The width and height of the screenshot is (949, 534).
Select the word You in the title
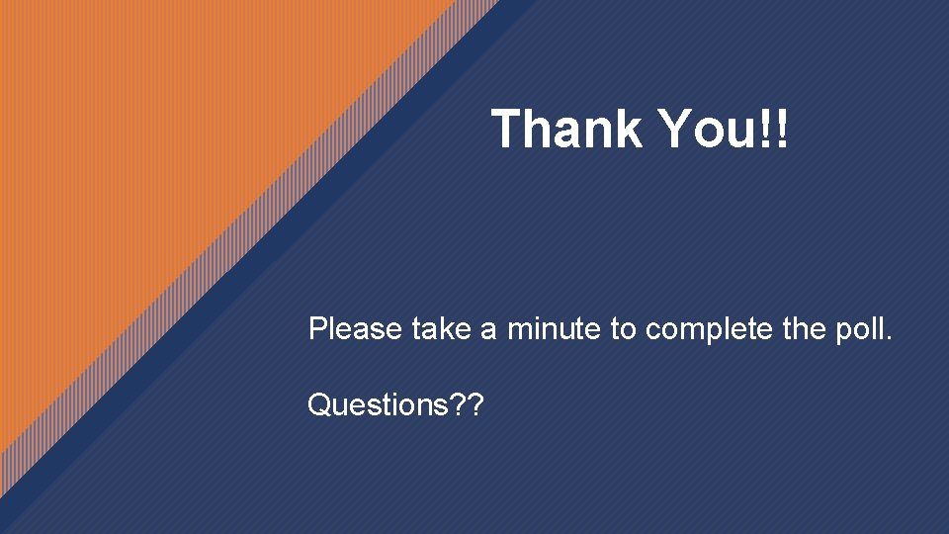click(x=706, y=130)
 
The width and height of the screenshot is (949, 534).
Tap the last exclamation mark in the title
click(x=782, y=130)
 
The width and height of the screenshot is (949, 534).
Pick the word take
click(x=440, y=329)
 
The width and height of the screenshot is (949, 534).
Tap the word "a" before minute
click(x=488, y=331)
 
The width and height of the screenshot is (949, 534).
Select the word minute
click(x=554, y=329)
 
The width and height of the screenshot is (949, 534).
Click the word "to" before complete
click(x=623, y=330)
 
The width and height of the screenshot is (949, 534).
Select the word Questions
click(x=376, y=404)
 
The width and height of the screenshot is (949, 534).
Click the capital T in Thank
click(x=507, y=130)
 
